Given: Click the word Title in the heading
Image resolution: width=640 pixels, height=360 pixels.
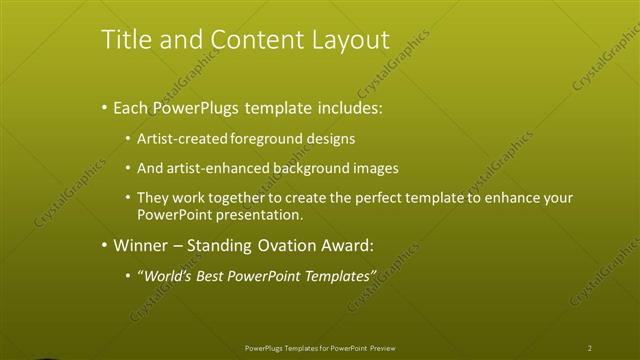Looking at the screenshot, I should (124, 40).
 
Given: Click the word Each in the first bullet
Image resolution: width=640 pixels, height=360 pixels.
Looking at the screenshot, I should (132, 107).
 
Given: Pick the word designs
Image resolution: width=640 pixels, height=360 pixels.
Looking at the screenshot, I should (328, 138).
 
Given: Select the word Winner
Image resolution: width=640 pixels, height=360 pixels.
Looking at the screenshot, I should (141, 245).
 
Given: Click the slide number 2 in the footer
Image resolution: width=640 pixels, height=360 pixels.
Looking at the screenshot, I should (590, 348).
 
